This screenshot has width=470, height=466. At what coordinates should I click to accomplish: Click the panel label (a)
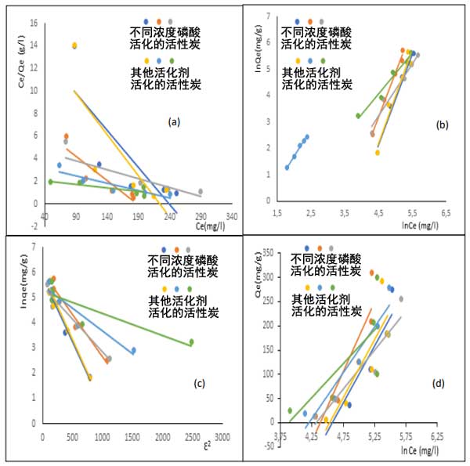[x=175, y=121]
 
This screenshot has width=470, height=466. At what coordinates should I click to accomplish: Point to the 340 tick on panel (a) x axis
[x=232, y=216]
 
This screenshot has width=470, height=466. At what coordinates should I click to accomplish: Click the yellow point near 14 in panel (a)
[x=75, y=45]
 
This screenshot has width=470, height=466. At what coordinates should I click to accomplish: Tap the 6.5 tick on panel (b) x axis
[x=446, y=213]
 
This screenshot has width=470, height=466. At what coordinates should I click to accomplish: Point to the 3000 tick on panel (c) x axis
[x=222, y=436]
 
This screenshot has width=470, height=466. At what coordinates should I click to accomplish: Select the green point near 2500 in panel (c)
[x=191, y=341]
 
